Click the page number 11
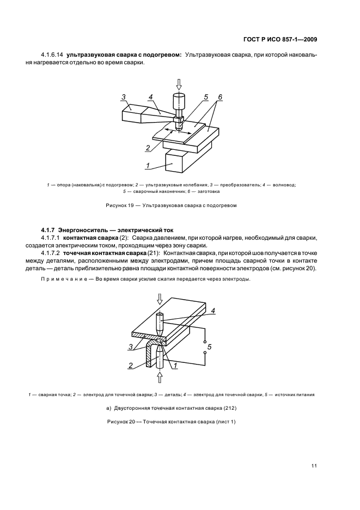314,466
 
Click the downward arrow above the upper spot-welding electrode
160,299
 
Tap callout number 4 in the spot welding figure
213,310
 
